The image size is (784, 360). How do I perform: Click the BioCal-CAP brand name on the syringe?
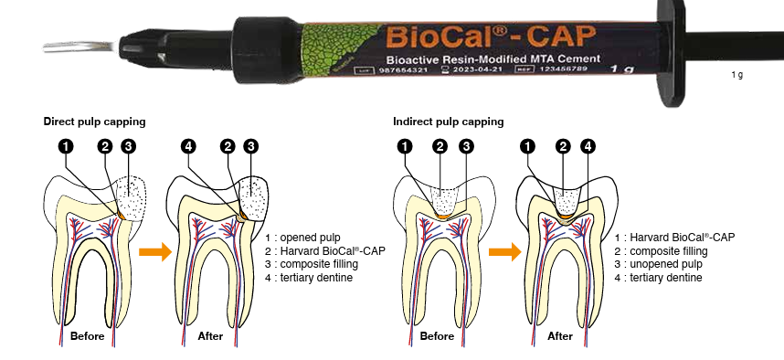click(491, 37)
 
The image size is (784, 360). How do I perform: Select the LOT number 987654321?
click(404, 70)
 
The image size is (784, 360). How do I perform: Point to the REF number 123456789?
click(563, 69)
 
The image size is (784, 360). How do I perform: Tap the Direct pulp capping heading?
click(94, 122)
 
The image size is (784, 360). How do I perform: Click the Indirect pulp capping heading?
click(449, 122)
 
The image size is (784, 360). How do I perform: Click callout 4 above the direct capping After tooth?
click(188, 146)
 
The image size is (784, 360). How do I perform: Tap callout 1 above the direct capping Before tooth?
click(66, 146)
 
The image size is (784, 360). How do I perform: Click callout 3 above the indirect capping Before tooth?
click(467, 146)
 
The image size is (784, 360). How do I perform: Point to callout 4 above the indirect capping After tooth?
click(588, 146)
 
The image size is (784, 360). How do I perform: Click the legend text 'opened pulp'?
click(310, 237)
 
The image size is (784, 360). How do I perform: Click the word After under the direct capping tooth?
click(210, 336)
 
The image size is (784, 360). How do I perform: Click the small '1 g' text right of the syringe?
click(737, 75)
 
